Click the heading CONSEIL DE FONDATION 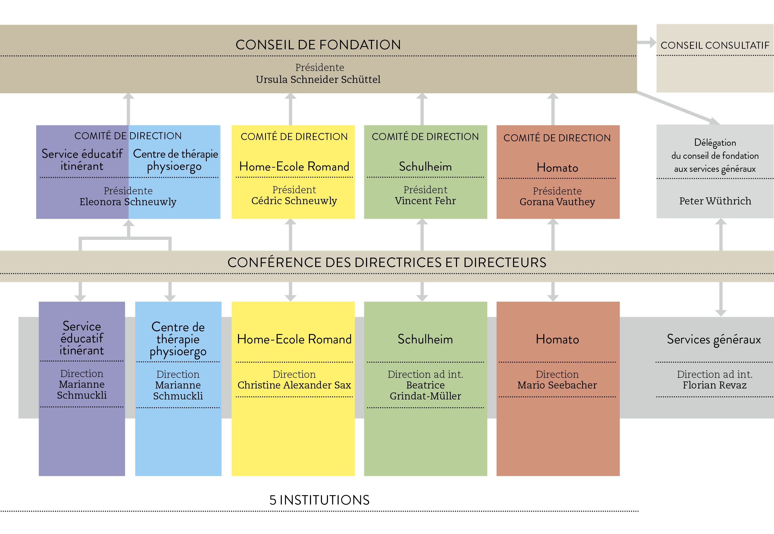coord(318,45)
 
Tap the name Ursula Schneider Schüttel coord(318,80)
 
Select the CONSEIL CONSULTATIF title coord(715,45)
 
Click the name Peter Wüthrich coord(715,201)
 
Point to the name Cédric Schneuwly coord(294,201)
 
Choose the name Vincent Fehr coord(425,201)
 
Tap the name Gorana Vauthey coord(557,202)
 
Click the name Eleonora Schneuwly coord(128,202)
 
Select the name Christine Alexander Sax coord(294,385)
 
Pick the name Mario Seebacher coord(557,385)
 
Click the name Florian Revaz coord(715,385)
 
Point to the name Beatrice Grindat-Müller coord(425,391)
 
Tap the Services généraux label coord(714,339)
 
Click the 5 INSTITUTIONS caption coord(319,500)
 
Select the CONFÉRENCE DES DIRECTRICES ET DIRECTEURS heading coord(387,262)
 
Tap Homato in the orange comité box coord(557,168)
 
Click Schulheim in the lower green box coord(425,339)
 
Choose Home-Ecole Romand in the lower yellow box coord(294,339)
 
